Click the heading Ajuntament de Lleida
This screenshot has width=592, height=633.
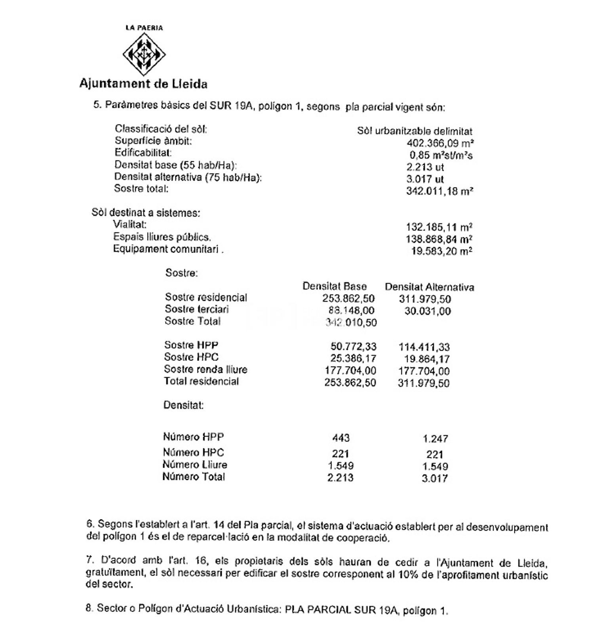143,84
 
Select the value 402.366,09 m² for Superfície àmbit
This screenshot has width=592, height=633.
440,143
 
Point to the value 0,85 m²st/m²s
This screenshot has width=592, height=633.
441,155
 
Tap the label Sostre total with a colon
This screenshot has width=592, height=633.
141,189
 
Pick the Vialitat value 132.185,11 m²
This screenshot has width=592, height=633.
439,227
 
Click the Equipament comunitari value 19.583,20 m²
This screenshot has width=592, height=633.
442,251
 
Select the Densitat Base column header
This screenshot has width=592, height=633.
335,286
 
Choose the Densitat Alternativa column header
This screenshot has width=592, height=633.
429,287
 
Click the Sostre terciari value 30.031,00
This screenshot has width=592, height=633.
427,311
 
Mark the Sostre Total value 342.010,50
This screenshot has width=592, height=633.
351,323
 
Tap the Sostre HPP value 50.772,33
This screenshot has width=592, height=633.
353,347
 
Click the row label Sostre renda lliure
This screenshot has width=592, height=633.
206,370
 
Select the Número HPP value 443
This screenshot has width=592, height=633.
341,438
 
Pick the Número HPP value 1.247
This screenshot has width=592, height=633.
435,439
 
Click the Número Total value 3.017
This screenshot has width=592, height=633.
434,478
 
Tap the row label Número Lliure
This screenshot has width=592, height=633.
195,465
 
